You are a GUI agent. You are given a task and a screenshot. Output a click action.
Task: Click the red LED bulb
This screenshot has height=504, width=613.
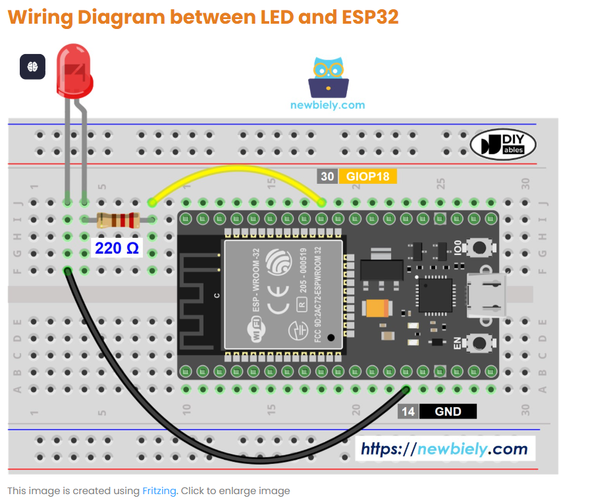tap(74, 70)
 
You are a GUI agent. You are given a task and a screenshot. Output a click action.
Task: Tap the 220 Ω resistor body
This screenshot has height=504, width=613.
tap(118, 220)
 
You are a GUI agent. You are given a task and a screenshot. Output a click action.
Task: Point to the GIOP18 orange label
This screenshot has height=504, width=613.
tap(367, 177)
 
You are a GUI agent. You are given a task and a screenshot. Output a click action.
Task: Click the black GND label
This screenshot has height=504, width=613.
tap(448, 412)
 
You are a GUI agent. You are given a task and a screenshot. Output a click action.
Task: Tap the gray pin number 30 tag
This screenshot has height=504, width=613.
tap(327, 177)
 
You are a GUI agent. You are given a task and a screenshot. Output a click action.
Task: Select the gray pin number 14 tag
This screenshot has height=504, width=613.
tap(408, 412)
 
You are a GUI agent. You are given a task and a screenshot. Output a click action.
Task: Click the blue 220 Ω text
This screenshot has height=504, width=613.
tap(117, 248)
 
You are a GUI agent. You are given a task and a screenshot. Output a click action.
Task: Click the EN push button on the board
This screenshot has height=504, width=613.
tap(480, 343)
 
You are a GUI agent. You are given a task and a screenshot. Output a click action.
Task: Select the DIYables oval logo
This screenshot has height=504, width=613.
tap(503, 145)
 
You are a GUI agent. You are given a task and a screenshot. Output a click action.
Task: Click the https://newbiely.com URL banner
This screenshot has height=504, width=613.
tap(445, 449)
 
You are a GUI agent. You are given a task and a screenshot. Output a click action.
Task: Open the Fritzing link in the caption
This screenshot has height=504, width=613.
tap(159, 491)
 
